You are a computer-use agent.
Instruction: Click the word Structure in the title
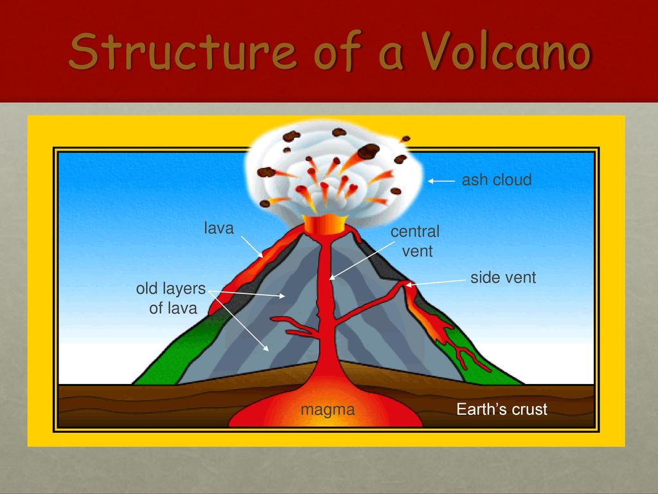tap(182, 51)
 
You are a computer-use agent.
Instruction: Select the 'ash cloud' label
tap(497, 180)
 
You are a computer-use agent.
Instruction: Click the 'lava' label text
tap(218, 228)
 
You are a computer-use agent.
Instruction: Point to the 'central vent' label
tap(415, 241)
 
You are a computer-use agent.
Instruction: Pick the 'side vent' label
tap(503, 277)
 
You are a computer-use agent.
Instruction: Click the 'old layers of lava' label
tap(171, 298)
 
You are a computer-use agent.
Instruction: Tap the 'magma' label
tap(328, 409)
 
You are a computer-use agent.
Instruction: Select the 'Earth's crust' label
tap(502, 408)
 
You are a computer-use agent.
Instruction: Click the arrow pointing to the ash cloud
tap(441, 181)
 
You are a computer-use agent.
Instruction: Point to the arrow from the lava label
tap(252, 246)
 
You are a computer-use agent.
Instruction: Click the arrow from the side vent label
tap(436, 282)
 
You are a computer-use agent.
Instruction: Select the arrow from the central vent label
tap(362, 261)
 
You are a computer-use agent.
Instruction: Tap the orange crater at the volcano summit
tap(326, 224)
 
